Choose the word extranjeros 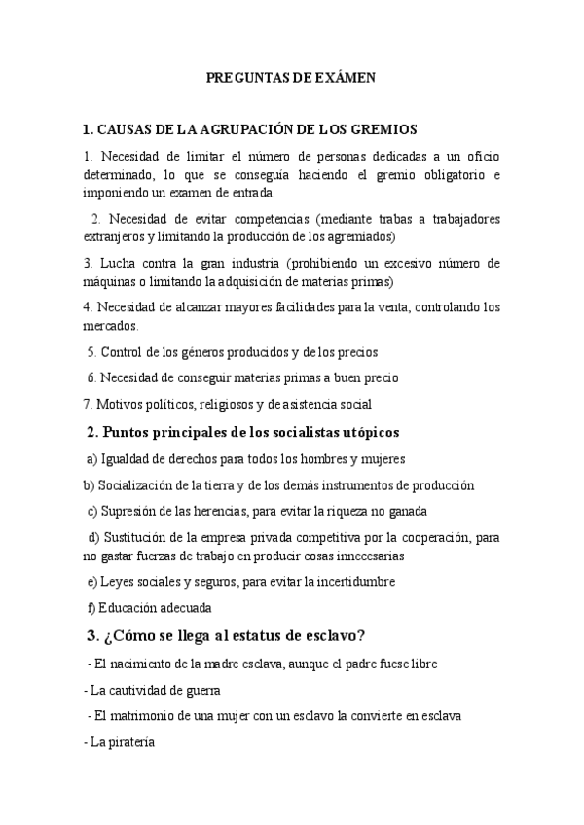116,236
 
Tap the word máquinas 110,281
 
